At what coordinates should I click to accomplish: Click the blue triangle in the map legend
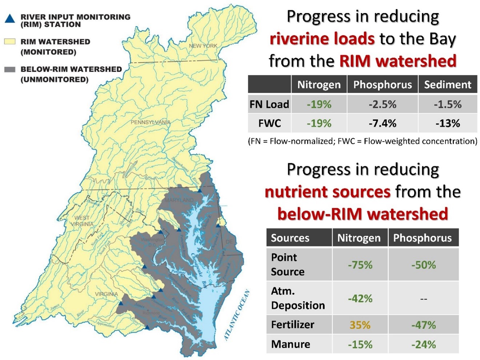point(10,19)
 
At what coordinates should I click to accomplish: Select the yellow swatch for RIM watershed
point(10,41)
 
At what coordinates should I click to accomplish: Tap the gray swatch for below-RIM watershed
point(10,69)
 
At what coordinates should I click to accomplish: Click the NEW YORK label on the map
point(203,46)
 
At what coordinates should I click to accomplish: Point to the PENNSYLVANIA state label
point(150,122)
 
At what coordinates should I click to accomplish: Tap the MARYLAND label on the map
point(179,200)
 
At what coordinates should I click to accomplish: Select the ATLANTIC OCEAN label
point(237,315)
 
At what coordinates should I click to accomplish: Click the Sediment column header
point(448,84)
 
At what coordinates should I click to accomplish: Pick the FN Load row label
point(269,104)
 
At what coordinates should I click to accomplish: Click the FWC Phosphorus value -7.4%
point(382,123)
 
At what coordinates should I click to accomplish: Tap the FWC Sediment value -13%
point(448,123)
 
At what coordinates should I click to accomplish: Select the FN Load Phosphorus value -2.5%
point(382,104)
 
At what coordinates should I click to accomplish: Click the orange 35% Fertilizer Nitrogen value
point(360,325)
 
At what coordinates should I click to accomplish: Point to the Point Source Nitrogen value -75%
point(360,265)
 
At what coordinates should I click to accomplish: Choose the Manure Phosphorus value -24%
point(423,344)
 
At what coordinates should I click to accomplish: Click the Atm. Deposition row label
point(298,298)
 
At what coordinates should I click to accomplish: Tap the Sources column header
point(290,238)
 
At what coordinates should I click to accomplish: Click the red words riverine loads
point(322,39)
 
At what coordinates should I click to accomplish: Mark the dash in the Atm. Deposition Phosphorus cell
point(423,299)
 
